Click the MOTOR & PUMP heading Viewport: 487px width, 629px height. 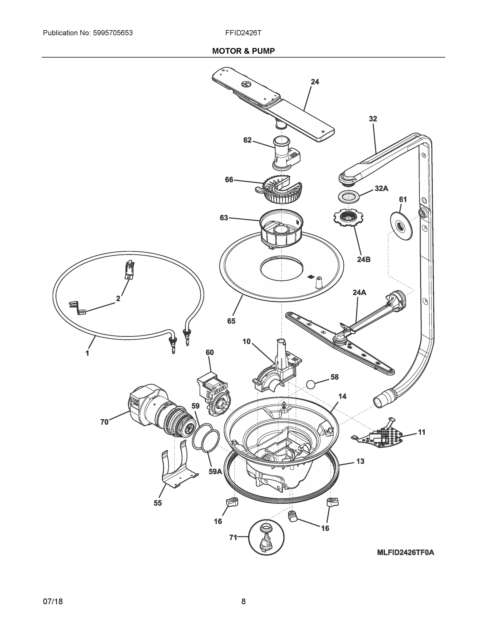(243, 51)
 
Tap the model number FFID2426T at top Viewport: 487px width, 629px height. (243, 33)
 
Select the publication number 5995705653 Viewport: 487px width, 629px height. (113, 33)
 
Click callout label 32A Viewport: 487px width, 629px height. (381, 188)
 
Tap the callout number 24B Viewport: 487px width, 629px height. (364, 259)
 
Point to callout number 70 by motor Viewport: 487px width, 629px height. (104, 422)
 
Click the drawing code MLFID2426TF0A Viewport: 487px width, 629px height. (405, 552)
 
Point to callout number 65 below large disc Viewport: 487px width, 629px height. (231, 321)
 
